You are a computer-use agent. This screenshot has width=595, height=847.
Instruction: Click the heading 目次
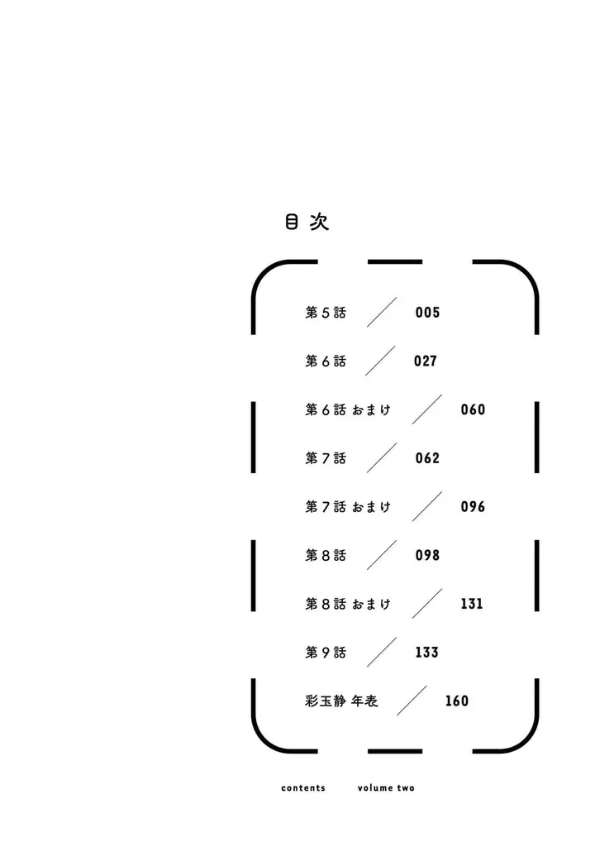[x=307, y=222]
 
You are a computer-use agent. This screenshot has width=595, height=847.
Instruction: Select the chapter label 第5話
[x=326, y=313]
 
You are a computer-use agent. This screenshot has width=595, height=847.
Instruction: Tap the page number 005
[x=427, y=312]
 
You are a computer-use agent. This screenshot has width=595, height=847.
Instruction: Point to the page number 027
[x=426, y=361]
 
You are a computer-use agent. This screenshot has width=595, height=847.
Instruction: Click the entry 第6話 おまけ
[x=348, y=410]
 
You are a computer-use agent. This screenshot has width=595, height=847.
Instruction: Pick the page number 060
[x=473, y=409]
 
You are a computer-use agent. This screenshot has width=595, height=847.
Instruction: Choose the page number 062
[x=427, y=458]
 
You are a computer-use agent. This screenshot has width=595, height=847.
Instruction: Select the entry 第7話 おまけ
[x=348, y=507]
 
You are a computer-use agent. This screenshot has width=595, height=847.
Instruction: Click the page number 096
[x=473, y=507]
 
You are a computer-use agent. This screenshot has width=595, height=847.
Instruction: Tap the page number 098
[x=427, y=555]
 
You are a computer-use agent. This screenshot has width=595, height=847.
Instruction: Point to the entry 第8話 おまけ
[x=348, y=605]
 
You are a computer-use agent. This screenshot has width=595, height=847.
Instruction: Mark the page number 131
[x=472, y=604]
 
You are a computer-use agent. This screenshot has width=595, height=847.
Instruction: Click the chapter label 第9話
[x=326, y=653]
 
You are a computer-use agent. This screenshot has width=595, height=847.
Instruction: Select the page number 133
[x=427, y=653]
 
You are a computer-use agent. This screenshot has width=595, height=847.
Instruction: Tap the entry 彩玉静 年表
[x=341, y=701]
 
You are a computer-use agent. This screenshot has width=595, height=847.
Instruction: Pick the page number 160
[x=457, y=701]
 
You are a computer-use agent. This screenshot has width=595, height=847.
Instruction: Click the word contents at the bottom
[x=303, y=788]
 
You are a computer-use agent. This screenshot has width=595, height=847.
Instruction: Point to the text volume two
[x=386, y=788]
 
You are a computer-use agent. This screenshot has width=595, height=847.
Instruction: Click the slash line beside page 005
[x=382, y=312]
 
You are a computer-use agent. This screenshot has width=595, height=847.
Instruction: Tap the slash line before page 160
[x=412, y=701]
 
